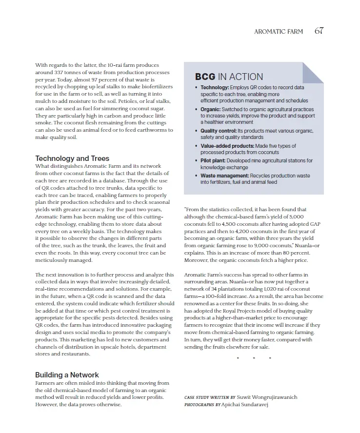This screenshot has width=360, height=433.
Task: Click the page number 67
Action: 319,31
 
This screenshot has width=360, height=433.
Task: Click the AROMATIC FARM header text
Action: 278,32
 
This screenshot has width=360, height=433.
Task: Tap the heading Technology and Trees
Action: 72,158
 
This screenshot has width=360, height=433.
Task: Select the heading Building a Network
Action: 67,375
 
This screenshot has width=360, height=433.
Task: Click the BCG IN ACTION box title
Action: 229,77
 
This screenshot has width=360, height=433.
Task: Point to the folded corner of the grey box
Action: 312,73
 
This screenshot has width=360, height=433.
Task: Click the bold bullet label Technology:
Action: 215,87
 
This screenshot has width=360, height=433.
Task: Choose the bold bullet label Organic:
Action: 211,110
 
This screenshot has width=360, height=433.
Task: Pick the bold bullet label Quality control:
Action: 219,131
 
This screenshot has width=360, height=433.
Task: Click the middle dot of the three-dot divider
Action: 254,358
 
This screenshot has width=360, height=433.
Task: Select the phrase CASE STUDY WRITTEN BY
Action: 210,397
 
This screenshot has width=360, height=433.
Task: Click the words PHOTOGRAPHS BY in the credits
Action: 202,405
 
